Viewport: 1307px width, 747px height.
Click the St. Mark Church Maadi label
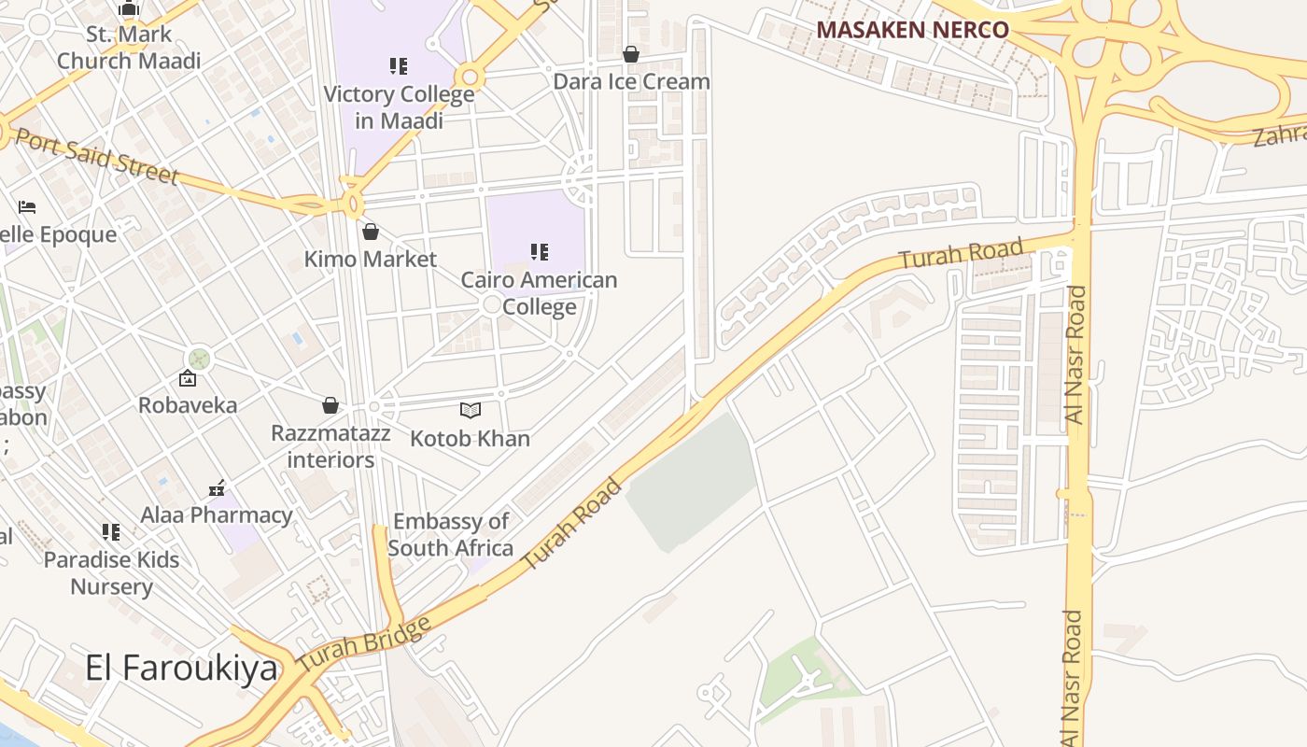pyautogui.click(x=129, y=48)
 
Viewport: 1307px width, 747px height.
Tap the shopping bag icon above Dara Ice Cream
pyautogui.click(x=631, y=55)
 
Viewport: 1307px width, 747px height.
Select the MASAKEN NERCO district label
pyautogui.click(x=912, y=30)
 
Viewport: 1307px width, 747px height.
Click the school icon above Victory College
pyautogui.click(x=399, y=66)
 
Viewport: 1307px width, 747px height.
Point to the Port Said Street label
pyautogui.click(x=96, y=156)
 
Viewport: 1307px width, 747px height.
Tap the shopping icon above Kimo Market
pyautogui.click(x=371, y=232)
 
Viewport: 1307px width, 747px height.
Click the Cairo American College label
pyautogui.click(x=539, y=293)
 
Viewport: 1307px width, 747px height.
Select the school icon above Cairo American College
pyautogui.click(x=539, y=251)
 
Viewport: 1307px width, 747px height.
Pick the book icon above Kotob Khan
pyautogui.click(x=471, y=410)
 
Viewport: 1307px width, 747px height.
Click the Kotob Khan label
pyautogui.click(x=470, y=439)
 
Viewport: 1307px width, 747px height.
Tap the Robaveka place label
pyautogui.click(x=188, y=405)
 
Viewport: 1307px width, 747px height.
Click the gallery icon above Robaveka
pyautogui.click(x=188, y=378)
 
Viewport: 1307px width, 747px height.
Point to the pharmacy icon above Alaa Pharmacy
pyautogui.click(x=217, y=487)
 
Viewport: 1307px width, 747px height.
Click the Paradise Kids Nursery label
pyautogui.click(x=111, y=573)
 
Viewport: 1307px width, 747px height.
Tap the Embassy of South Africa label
pyautogui.click(x=451, y=534)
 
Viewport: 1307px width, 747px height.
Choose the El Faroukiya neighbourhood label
pyautogui.click(x=181, y=668)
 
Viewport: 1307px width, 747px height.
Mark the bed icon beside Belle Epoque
pyautogui.click(x=27, y=207)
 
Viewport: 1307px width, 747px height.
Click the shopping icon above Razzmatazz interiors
pyautogui.click(x=330, y=405)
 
